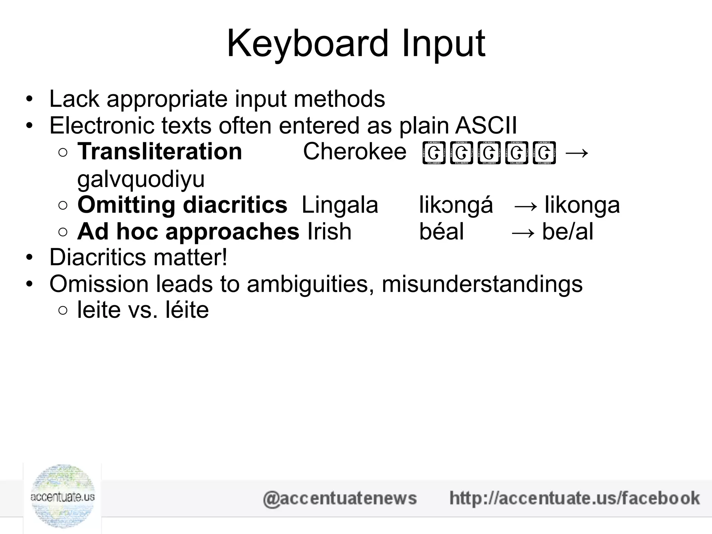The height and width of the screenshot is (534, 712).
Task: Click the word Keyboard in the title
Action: click(307, 44)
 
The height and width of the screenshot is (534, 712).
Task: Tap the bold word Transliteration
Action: click(160, 152)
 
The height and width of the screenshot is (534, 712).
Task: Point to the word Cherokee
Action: click(355, 152)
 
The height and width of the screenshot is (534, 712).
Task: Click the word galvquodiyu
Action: click(141, 179)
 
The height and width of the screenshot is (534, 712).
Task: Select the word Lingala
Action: click(340, 205)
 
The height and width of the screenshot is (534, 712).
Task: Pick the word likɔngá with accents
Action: click(456, 205)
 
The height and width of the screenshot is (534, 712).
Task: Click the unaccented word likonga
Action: click(582, 205)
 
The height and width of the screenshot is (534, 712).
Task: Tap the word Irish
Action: click(329, 232)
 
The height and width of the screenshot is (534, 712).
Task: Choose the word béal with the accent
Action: click(441, 232)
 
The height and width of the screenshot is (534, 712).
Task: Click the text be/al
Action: click(567, 232)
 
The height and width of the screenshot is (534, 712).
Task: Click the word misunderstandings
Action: click(482, 284)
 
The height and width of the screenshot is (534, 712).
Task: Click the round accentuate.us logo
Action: click(63, 497)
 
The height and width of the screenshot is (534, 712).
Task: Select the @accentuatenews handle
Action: click(340, 498)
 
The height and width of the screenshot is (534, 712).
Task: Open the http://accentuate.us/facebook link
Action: click(574, 498)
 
